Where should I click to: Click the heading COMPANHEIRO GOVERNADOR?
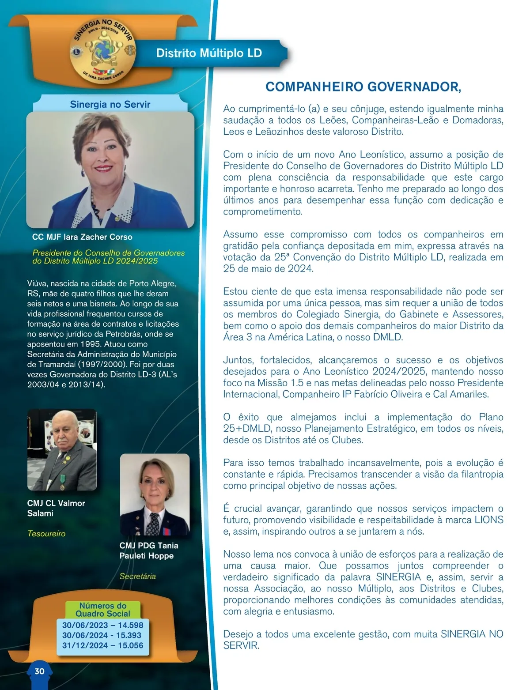coord(363,87)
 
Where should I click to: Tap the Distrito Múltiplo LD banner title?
coord(209,53)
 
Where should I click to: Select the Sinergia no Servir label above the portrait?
coord(110,105)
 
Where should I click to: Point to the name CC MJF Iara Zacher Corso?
coord(82,237)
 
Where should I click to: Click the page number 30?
coord(39,671)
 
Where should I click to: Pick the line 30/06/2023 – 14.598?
coord(102,625)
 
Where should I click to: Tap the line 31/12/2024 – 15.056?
coord(102,645)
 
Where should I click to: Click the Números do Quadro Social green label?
coord(103,610)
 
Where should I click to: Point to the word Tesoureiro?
coord(46,534)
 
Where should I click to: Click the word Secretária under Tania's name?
coord(137,576)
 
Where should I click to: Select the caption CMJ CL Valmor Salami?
coord(56,508)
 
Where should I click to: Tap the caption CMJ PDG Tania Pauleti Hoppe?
coord(149,550)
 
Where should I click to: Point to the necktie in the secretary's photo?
coord(153,523)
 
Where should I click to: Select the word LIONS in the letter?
coord(488,520)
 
